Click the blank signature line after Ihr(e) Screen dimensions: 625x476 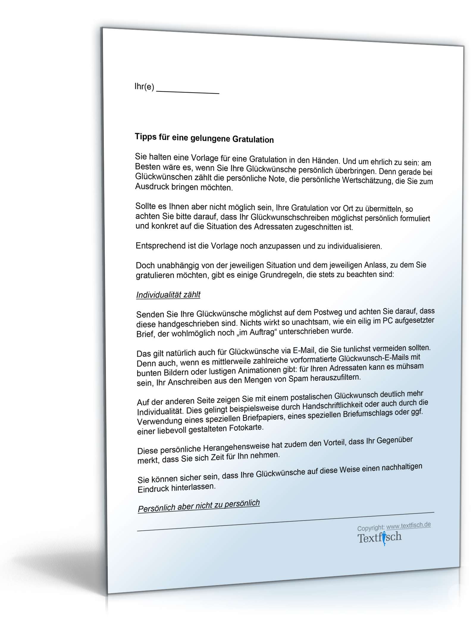coord(187,91)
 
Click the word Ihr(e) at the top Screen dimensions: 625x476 coord(144,87)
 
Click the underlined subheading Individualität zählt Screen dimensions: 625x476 coord(168,295)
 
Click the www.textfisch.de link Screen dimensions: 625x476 coord(408,526)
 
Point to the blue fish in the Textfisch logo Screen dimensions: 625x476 coord(384,539)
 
